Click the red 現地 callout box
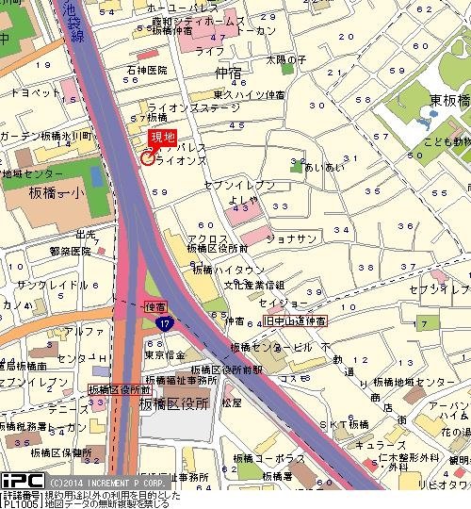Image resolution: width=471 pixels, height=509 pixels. point(162,138)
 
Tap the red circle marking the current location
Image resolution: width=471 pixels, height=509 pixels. point(147,157)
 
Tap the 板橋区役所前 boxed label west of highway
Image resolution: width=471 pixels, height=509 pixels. point(120,389)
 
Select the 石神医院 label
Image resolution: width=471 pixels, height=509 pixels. point(148,71)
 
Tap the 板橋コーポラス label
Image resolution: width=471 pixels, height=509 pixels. point(268,458)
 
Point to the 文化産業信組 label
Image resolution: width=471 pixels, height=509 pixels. point(254,284)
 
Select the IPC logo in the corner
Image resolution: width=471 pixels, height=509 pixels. point(19,480)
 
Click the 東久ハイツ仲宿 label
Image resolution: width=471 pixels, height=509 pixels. point(249,94)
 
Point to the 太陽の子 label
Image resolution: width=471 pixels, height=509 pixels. point(286,59)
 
